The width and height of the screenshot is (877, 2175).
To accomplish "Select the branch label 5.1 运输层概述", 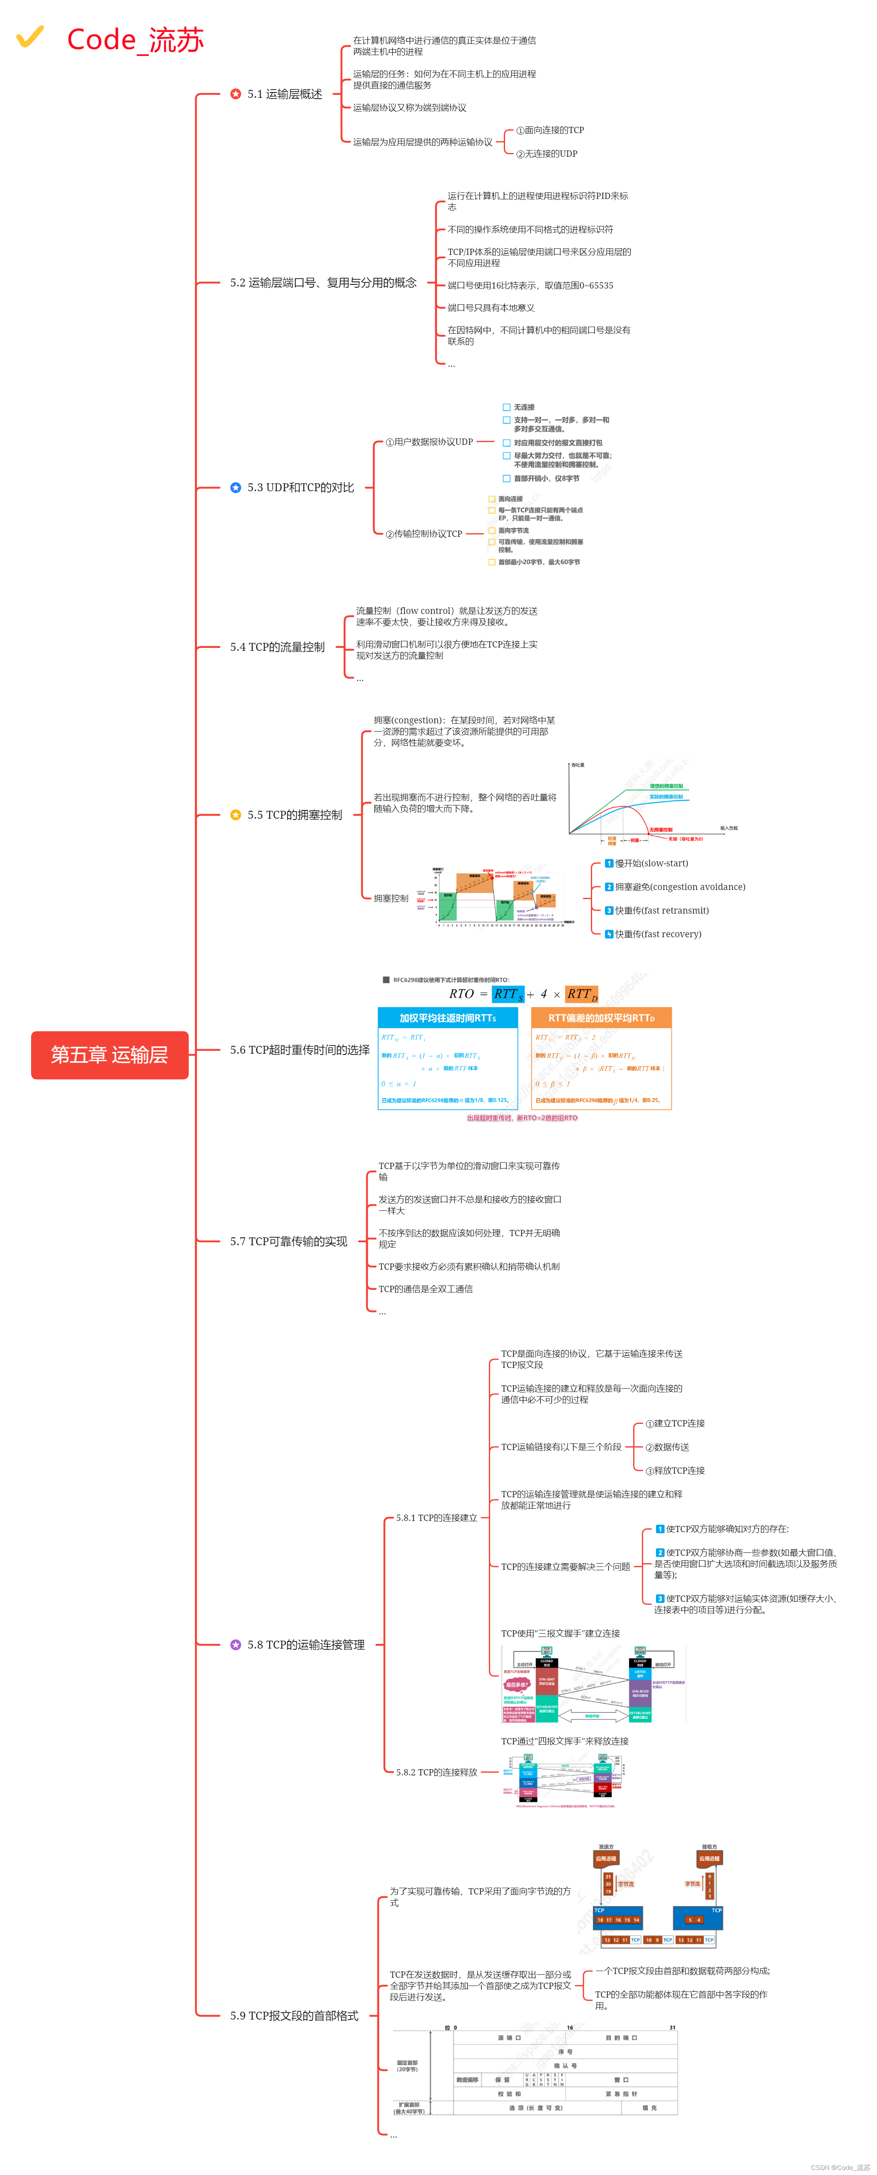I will (284, 94).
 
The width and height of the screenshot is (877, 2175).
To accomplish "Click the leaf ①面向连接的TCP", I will (550, 130).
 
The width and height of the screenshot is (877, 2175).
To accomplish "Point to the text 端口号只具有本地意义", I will (491, 307).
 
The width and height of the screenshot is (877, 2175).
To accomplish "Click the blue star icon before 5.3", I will (236, 487).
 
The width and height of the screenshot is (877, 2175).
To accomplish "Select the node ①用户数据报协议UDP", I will (429, 441).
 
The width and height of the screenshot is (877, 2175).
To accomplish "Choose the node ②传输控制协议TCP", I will (424, 533).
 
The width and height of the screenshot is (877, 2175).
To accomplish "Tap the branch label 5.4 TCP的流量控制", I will (277, 647).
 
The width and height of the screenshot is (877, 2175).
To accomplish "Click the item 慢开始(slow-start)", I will (651, 863).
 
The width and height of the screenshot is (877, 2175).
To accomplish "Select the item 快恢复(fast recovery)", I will (657, 934).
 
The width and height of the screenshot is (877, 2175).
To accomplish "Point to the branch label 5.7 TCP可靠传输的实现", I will (288, 1241).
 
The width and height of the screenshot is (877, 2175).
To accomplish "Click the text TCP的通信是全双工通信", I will (425, 1288).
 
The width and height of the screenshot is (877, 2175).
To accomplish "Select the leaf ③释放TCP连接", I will (675, 1470).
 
